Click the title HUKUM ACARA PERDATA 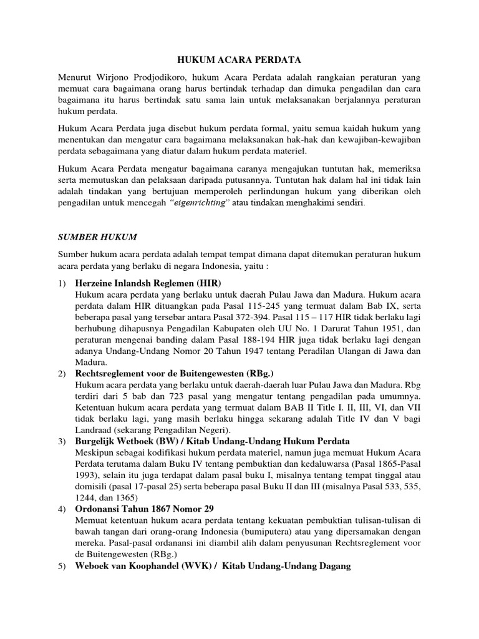[239, 60]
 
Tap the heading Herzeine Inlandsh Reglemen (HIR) [148, 283]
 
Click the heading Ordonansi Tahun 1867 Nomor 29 [144, 509]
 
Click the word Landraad [92, 430]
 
